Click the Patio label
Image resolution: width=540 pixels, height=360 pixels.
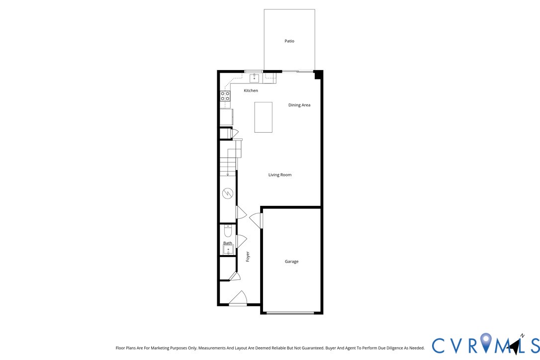[289, 41]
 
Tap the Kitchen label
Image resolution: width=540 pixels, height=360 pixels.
[251, 90]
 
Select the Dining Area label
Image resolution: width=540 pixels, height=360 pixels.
[299, 105]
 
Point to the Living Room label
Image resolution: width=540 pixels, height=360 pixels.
[280, 175]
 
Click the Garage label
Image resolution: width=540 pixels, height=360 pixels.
[291, 262]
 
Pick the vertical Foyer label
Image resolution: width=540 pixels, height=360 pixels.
[248, 257]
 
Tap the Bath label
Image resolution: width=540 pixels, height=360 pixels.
[227, 243]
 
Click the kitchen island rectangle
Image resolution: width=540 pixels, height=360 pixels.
[263, 117]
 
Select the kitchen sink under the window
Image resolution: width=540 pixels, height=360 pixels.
[254, 78]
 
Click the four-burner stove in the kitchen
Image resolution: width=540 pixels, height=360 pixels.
[225, 96]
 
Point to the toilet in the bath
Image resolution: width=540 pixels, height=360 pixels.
[228, 231]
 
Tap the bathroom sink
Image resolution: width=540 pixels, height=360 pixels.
[228, 250]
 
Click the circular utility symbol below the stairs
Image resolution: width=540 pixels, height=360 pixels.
[228, 193]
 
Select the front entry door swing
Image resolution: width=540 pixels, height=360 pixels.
[239, 298]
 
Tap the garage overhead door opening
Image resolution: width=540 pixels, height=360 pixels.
[290, 313]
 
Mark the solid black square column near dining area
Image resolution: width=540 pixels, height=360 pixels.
[318, 75]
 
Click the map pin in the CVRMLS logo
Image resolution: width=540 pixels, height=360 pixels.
[486, 342]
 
